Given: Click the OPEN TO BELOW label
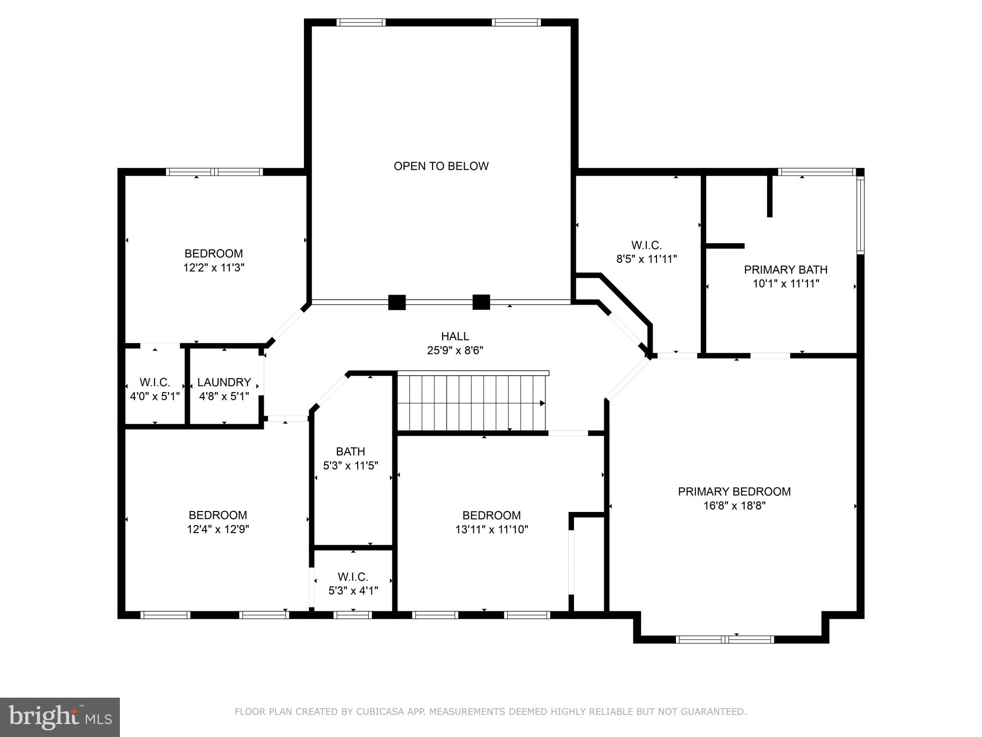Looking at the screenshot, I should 441,166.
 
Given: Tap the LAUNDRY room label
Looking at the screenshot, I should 224,382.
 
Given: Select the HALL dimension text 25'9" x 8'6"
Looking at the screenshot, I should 455,351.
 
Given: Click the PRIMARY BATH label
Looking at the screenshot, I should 785,270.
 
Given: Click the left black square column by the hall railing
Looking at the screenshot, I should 397,302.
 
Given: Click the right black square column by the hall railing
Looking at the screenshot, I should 481,302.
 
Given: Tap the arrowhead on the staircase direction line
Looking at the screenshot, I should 542,403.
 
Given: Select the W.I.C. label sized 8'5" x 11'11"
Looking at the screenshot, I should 646,246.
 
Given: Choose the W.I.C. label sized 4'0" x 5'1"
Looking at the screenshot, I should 154,383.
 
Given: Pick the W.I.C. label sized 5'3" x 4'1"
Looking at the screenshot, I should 353,577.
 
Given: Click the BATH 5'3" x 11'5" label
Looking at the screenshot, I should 351,452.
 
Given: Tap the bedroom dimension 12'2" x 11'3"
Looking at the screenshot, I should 214,268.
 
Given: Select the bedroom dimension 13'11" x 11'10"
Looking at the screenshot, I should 491,530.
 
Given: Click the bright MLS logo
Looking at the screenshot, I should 60,717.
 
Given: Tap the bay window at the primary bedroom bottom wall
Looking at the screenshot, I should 725,639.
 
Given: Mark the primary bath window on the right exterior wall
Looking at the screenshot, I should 860,215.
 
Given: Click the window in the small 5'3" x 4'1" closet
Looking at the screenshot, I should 352,615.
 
